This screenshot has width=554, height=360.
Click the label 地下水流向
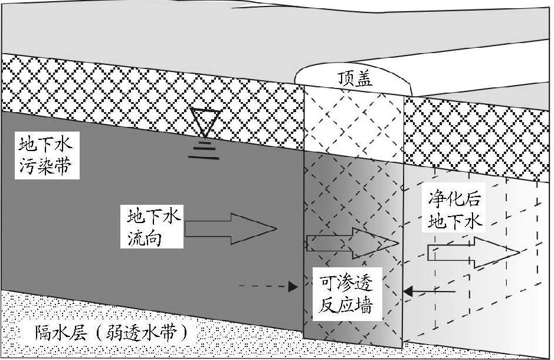152,227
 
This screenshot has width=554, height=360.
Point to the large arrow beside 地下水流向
230,228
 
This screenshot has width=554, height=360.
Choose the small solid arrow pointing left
430,290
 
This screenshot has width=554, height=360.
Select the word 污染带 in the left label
45,168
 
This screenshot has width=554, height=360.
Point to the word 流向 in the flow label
142,238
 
